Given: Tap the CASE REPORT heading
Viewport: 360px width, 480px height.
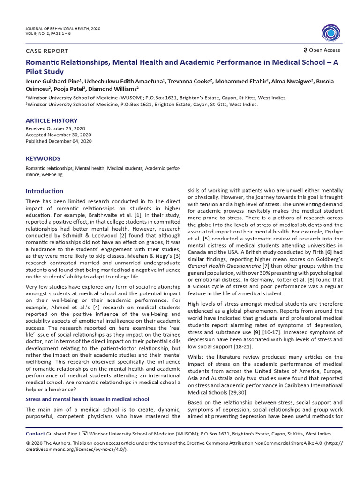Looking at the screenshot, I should (47, 51).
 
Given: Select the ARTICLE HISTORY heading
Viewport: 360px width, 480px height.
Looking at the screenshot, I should (52, 121).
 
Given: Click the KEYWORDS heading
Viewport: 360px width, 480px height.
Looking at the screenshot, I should (43, 159).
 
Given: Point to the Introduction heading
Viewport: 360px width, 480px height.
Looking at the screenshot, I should (44, 191).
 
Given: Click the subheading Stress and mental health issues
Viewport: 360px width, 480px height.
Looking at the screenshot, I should (87, 399).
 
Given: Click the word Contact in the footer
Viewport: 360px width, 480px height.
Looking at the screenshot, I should (35, 434).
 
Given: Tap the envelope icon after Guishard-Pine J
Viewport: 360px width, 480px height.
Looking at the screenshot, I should (85, 434).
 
